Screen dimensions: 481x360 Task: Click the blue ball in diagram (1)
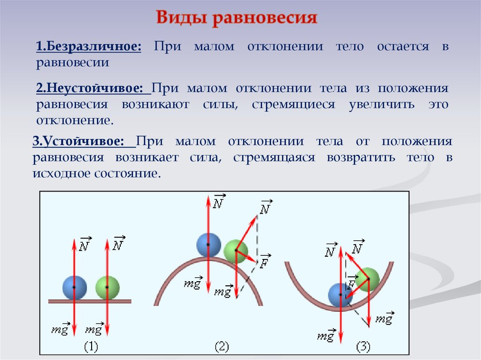pos(74,287)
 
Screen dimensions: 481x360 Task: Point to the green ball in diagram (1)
pos(107,287)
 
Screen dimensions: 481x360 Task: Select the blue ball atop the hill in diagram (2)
pos(209,245)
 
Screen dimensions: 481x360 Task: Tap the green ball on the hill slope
pos(235,251)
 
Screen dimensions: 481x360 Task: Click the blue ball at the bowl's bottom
pos(340,295)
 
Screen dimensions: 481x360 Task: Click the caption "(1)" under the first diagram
pos(91,347)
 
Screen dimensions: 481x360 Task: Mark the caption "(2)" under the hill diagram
pos(222,347)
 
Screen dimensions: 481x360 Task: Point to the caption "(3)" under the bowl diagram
pos(363,347)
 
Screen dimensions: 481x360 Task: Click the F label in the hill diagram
pos(264,263)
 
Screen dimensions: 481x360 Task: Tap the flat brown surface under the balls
pos(90,301)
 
